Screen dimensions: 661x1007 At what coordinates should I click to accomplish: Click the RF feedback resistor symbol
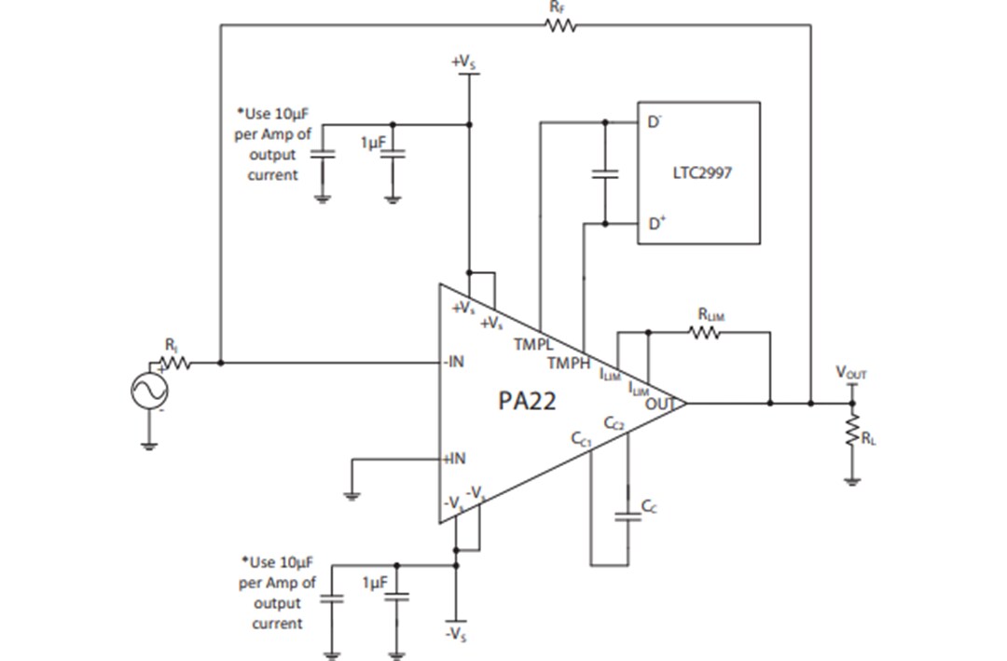pyautogui.click(x=561, y=25)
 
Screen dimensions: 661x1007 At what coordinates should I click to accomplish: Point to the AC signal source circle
pyautogui.click(x=149, y=391)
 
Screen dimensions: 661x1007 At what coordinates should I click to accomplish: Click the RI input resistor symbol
pyautogui.click(x=174, y=363)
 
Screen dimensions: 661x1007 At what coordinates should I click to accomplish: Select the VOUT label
pyautogui.click(x=850, y=374)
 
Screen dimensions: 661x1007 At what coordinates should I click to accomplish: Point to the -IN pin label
pyautogui.click(x=454, y=363)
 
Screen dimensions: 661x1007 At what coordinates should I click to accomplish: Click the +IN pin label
pyautogui.click(x=453, y=459)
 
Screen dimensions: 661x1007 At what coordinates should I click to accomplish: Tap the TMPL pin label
pyautogui.click(x=532, y=343)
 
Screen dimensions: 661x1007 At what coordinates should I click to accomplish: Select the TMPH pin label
pyautogui.click(x=567, y=362)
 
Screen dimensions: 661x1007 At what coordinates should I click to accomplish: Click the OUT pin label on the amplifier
pyautogui.click(x=659, y=403)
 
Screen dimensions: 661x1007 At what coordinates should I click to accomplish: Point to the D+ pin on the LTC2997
pyautogui.click(x=656, y=224)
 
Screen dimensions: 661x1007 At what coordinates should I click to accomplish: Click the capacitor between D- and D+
pyautogui.click(x=605, y=173)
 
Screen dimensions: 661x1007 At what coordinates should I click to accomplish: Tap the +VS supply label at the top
pyautogui.click(x=462, y=62)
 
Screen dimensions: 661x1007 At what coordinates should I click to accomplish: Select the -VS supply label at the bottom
pyautogui.click(x=456, y=634)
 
